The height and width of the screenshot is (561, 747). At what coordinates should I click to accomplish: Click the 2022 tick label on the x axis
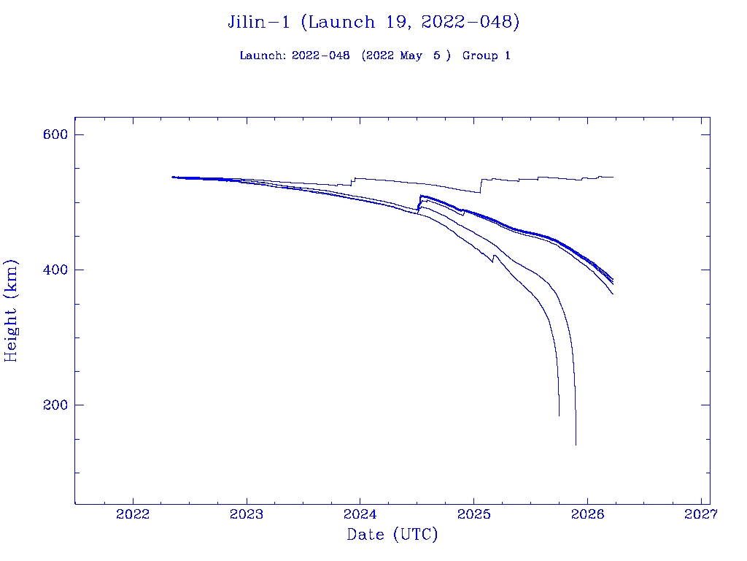point(133,514)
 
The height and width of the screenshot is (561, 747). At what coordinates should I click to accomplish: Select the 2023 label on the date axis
point(247,514)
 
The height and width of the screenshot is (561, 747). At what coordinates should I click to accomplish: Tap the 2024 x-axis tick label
point(360,514)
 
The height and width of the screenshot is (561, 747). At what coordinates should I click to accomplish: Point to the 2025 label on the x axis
point(473,514)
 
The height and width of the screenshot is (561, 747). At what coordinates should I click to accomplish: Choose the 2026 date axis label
point(587,514)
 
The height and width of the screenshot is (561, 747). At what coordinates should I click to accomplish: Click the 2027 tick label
point(700,514)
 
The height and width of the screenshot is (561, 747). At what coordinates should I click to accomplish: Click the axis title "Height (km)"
point(11,310)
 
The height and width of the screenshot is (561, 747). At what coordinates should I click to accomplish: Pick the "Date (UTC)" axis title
point(392,535)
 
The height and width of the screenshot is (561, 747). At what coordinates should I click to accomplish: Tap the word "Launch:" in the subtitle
point(263,56)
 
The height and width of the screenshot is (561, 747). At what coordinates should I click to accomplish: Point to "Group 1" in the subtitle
point(486,56)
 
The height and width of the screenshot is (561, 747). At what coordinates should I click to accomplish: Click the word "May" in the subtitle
point(411,56)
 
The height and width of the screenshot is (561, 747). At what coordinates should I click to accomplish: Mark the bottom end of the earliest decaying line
point(560,416)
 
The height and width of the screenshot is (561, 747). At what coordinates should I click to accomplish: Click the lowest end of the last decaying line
point(576,444)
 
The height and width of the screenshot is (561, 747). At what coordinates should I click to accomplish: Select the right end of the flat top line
point(613,177)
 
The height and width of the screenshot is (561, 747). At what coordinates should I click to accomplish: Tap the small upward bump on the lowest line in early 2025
point(495,256)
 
